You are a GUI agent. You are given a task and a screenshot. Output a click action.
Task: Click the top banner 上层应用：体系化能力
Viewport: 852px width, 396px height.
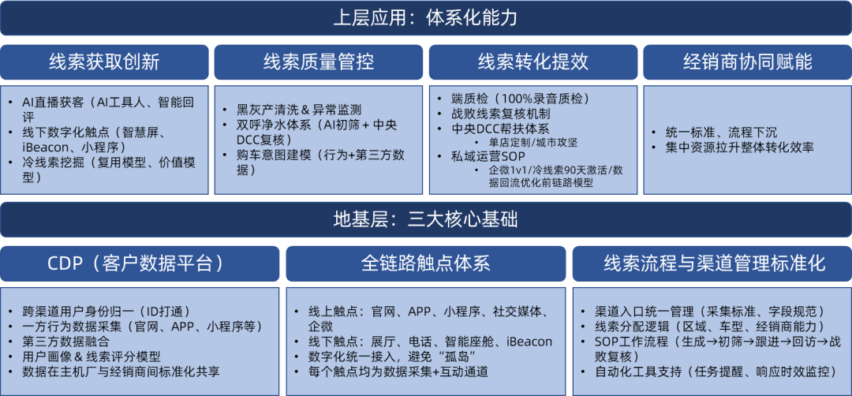[426, 18]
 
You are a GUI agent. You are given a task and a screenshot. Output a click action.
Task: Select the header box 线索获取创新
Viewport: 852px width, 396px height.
[104, 62]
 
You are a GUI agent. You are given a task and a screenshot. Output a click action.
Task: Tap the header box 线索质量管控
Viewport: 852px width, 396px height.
[319, 62]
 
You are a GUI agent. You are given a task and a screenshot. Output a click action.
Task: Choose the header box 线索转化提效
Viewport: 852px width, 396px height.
[533, 62]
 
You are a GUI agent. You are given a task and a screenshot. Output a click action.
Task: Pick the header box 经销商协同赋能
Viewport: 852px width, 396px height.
[748, 62]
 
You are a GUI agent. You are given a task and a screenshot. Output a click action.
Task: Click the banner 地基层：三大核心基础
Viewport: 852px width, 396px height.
[426, 219]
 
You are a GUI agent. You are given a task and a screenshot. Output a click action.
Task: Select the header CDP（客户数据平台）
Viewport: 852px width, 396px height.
[140, 263]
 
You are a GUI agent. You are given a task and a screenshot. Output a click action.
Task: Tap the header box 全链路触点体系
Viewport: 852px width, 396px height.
[426, 263]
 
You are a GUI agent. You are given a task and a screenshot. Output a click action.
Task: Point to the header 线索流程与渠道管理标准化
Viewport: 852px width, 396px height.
[712, 263]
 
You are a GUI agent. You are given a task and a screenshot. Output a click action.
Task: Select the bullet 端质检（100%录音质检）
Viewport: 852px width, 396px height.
[520, 99]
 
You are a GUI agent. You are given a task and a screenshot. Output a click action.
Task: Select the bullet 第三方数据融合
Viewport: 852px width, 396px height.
[65, 342]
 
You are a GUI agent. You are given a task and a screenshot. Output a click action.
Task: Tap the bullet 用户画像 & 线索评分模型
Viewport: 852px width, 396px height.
[92, 357]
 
